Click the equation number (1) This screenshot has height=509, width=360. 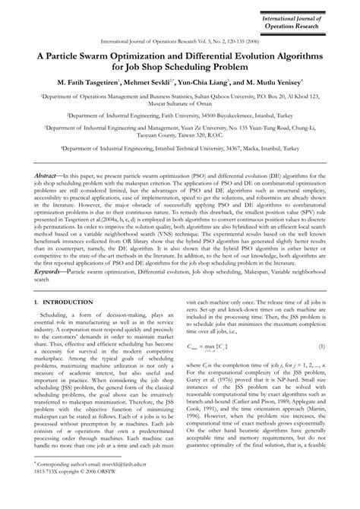(x=321, y=368)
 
